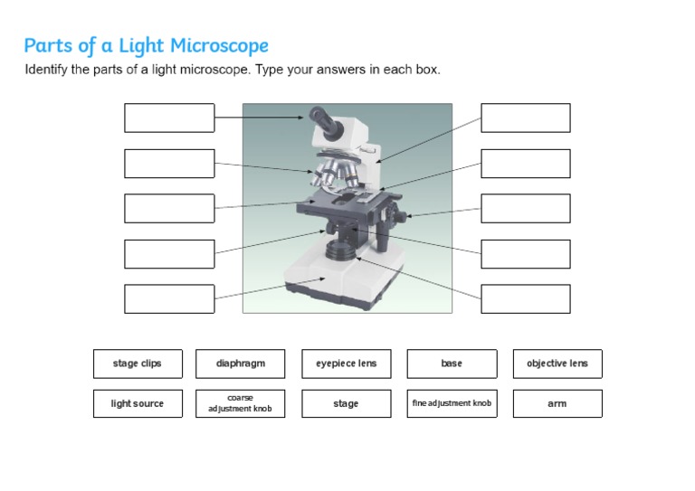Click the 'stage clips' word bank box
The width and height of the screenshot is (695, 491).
tap(138, 364)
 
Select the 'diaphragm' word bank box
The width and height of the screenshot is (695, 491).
tap(241, 364)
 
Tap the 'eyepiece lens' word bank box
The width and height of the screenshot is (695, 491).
tap(347, 364)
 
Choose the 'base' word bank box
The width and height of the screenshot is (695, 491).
tap(452, 364)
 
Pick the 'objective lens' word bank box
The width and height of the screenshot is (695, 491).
tap(557, 364)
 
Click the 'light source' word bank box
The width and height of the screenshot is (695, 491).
tap(138, 403)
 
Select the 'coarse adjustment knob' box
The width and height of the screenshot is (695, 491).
tap(241, 403)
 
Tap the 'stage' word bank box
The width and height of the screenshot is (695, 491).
tap(347, 403)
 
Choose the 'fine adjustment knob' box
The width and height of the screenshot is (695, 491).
tap(452, 403)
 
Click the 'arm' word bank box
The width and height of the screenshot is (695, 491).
tap(557, 403)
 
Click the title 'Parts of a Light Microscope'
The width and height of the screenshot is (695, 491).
tap(146, 45)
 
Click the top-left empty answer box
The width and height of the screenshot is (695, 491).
tap(169, 118)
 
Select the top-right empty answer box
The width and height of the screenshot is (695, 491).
tap(526, 118)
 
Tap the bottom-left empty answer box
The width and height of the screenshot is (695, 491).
tap(169, 298)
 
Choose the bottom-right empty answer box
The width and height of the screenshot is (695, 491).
tap(526, 298)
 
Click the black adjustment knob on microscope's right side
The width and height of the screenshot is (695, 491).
tap(396, 215)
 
